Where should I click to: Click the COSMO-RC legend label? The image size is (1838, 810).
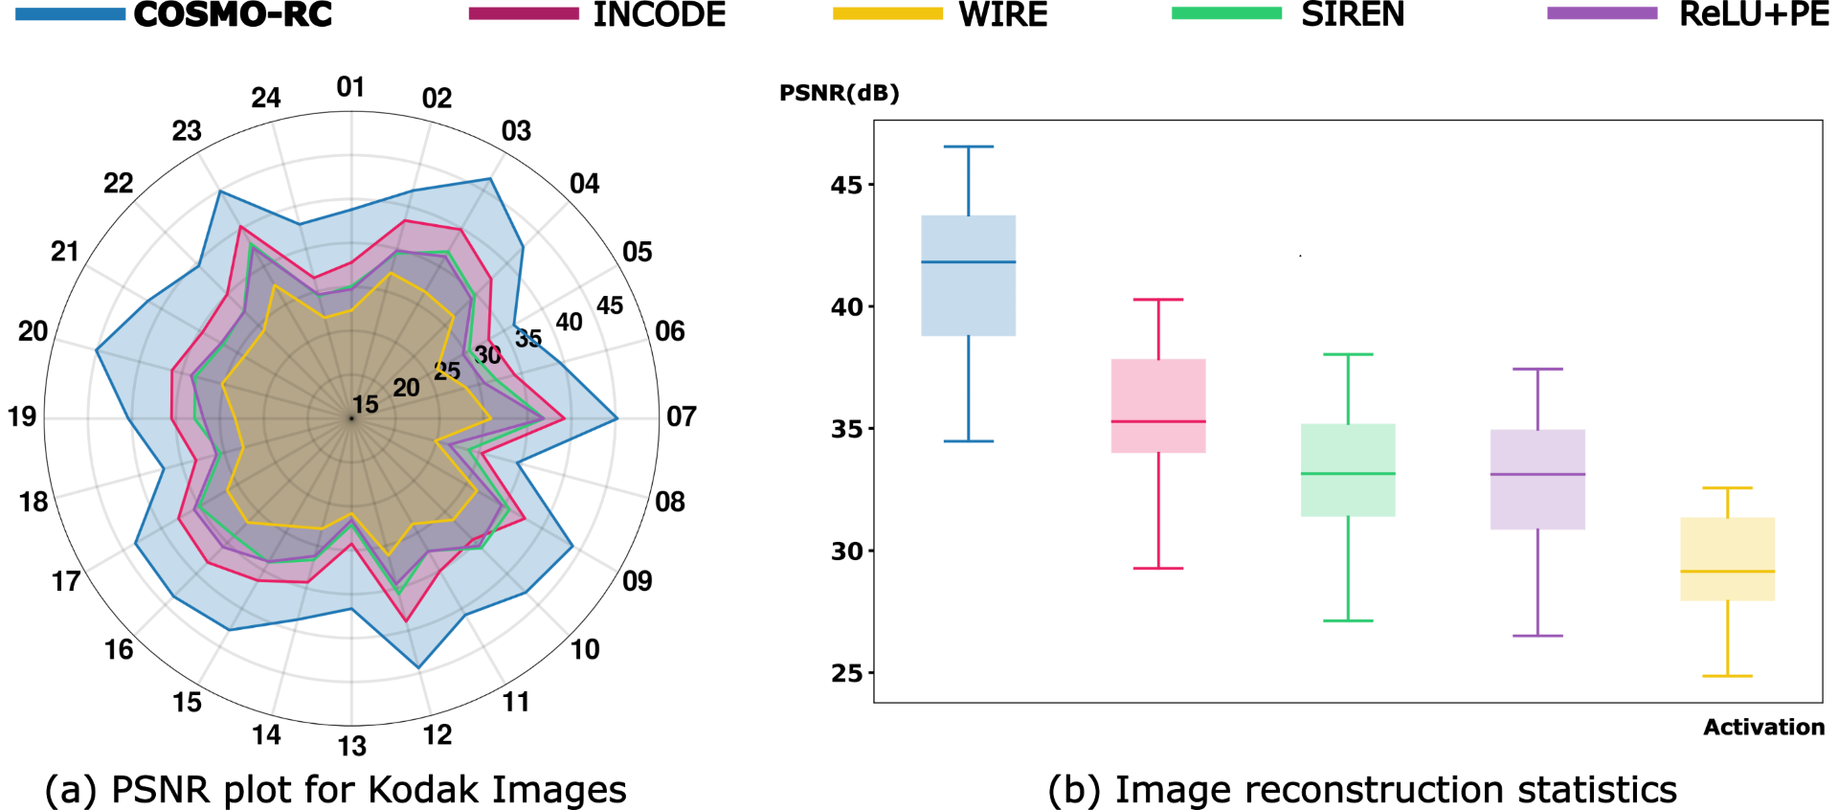tap(233, 13)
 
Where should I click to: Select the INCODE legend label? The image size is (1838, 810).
tap(660, 13)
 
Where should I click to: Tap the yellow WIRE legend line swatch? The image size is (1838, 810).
tap(887, 13)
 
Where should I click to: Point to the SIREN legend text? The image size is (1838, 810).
tap(1352, 13)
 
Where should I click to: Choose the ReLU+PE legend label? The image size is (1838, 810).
tap(1754, 13)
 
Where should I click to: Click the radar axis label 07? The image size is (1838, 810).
tap(681, 416)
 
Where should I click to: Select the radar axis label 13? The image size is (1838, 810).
tap(351, 746)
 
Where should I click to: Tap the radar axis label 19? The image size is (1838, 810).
tap(22, 416)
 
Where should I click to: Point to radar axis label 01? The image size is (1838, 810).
tap(350, 87)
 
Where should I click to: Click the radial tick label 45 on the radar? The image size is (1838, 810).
tap(610, 305)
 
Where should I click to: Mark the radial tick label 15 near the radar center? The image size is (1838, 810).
tap(365, 404)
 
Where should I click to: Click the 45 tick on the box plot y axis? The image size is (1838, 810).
tap(846, 185)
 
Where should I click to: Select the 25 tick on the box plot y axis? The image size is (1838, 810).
tap(846, 673)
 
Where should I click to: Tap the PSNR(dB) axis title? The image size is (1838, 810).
tap(839, 93)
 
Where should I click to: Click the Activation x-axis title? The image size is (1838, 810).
tap(1763, 727)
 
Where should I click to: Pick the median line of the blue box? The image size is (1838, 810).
tap(968, 262)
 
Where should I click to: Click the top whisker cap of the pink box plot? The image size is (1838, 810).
tap(1158, 300)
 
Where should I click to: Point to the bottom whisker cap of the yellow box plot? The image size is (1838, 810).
tap(1727, 676)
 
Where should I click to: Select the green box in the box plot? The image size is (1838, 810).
tap(1348, 470)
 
